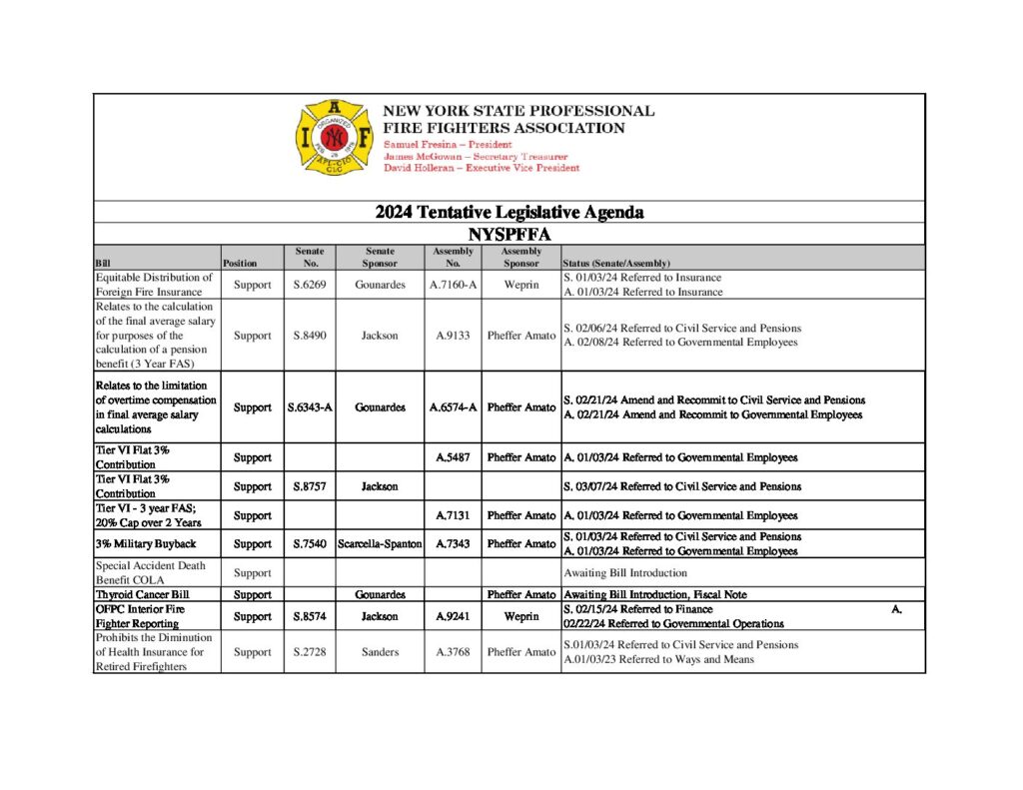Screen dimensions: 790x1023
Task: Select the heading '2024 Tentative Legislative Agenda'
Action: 509,212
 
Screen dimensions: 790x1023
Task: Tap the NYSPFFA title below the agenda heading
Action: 509,234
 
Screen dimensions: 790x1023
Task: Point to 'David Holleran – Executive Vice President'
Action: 482,169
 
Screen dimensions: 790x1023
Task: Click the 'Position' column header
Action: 240,264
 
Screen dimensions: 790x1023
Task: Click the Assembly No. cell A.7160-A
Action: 453,285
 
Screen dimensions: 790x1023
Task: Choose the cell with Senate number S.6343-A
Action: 310,407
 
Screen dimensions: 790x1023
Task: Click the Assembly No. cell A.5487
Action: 453,457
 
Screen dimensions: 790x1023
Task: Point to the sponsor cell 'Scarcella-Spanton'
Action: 380,544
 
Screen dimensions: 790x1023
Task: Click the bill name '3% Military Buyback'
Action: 146,544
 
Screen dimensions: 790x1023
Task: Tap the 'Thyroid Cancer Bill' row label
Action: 142,594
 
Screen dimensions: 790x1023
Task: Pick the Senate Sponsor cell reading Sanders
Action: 380,652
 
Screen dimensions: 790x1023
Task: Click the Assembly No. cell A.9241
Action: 453,616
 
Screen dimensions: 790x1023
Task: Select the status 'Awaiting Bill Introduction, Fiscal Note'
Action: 654,594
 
